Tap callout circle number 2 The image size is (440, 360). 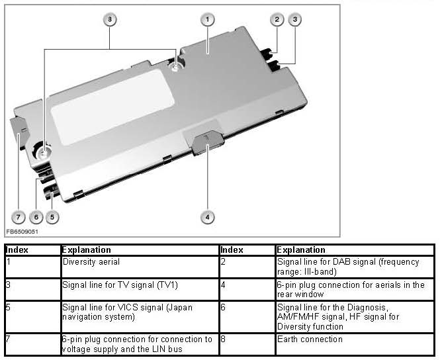coord(277,20)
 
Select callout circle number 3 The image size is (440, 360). coord(295,20)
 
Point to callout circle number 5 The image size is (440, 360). coord(54,216)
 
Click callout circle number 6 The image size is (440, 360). coord(37,216)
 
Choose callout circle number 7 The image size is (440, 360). coord(19,216)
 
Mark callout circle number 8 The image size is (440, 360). coord(110,20)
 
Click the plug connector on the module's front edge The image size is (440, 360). coord(206,141)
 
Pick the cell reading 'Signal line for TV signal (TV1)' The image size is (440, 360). coord(120,285)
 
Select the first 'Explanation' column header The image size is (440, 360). coord(86,250)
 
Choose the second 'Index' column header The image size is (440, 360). coord(232,250)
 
